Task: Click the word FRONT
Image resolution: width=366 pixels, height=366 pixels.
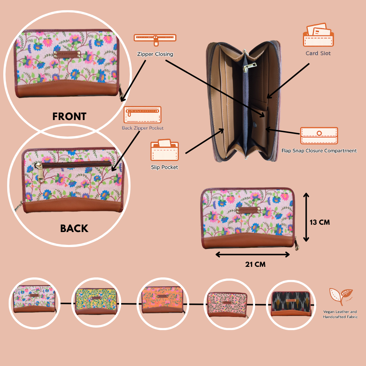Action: coord(69,116)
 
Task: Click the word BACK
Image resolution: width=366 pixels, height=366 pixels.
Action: coord(74,228)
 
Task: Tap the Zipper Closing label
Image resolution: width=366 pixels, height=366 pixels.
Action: coord(155,54)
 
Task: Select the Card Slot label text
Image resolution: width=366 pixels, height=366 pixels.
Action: coord(318,53)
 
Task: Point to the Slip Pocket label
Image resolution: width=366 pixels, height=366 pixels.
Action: coord(164,167)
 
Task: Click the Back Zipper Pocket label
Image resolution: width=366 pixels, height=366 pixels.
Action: coord(143,128)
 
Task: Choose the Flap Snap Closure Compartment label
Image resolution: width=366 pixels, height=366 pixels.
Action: coord(319,150)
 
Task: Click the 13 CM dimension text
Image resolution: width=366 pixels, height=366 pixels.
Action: coord(320,222)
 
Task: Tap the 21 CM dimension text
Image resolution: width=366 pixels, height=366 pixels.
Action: coord(255,264)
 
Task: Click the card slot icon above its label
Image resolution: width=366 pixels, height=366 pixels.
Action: coord(318,35)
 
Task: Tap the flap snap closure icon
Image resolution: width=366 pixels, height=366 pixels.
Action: coord(319,136)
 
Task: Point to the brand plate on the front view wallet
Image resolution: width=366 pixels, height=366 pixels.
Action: coord(67,55)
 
